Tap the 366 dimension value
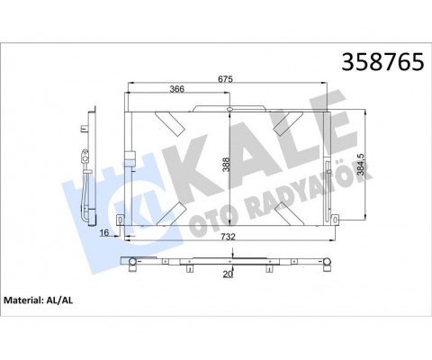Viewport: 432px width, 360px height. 178,89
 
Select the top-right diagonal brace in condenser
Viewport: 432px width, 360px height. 287,124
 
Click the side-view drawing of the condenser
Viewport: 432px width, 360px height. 90,166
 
